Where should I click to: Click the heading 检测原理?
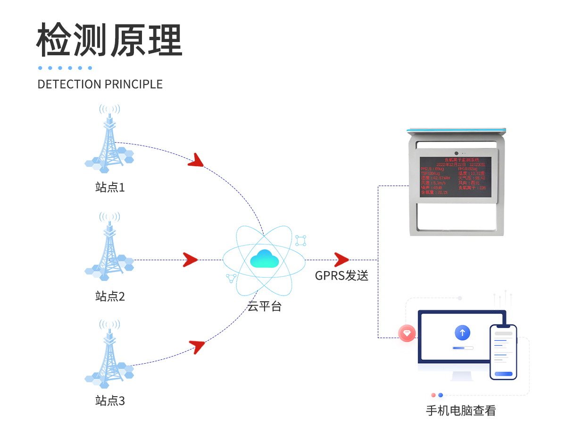(x=109, y=40)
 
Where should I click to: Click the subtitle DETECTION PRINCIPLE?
(x=100, y=85)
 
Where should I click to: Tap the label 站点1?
(x=110, y=187)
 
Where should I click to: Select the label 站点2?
(x=110, y=297)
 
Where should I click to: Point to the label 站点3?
(x=110, y=401)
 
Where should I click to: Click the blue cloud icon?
(x=265, y=258)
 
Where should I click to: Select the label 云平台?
(x=265, y=306)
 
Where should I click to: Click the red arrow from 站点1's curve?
(x=196, y=161)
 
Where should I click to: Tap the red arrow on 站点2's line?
(x=190, y=259)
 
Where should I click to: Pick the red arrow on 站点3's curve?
(x=197, y=346)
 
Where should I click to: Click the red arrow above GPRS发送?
(x=341, y=259)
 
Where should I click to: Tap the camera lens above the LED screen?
(x=457, y=153)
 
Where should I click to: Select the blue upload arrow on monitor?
(x=462, y=333)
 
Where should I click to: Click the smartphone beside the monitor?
(x=503, y=352)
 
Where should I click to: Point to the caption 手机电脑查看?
(x=461, y=410)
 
